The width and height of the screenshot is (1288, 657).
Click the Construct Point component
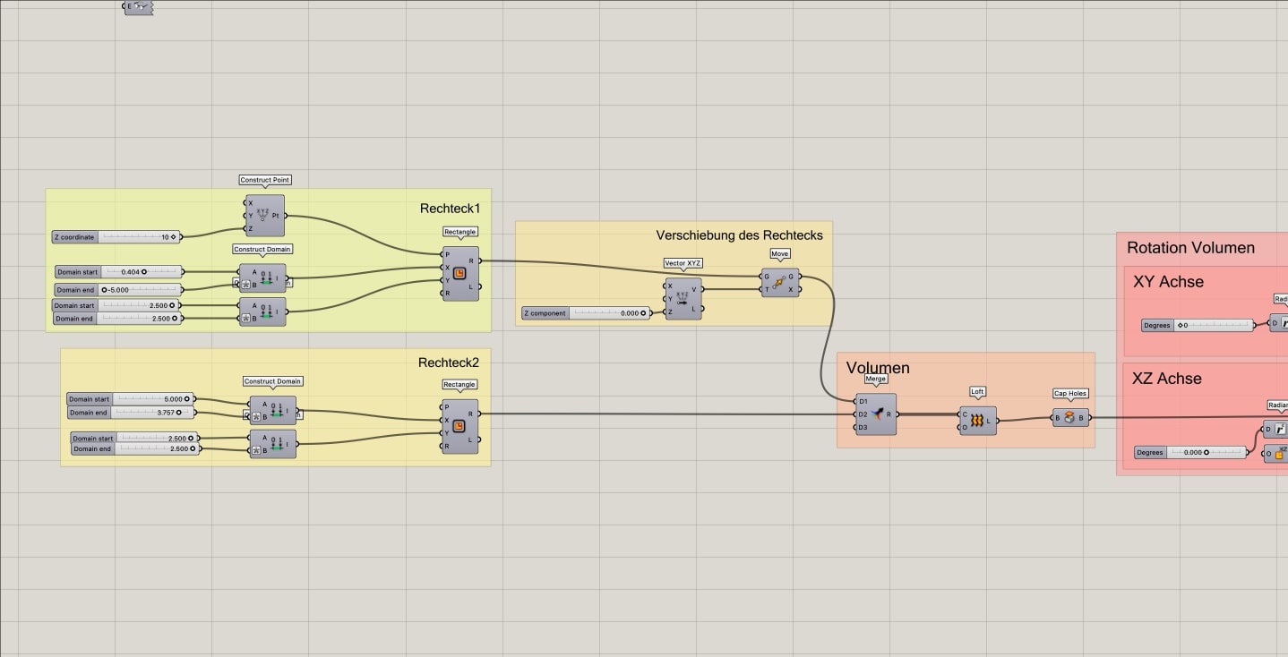(x=264, y=216)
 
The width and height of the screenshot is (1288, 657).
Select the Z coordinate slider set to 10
(x=116, y=237)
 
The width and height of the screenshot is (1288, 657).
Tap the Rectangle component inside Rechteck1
(x=459, y=274)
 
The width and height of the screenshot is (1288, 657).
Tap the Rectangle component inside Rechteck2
(x=459, y=427)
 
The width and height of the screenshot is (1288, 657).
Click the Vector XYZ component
(x=683, y=299)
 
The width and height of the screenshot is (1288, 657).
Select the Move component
(x=779, y=283)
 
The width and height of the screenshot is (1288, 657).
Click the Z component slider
(x=587, y=313)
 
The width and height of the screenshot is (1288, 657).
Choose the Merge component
(x=875, y=414)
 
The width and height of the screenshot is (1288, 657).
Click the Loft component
(x=977, y=421)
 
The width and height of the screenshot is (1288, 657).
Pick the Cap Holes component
(x=1069, y=418)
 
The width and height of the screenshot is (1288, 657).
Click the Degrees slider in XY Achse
(x=1198, y=325)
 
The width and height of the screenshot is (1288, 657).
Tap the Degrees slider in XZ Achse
(x=1191, y=453)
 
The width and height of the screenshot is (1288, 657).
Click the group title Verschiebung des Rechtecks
(x=739, y=235)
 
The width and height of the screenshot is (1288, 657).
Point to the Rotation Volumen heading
(x=1190, y=248)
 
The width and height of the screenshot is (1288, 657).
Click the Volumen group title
(x=878, y=368)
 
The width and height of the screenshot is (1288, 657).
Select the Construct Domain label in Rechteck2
(x=272, y=381)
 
